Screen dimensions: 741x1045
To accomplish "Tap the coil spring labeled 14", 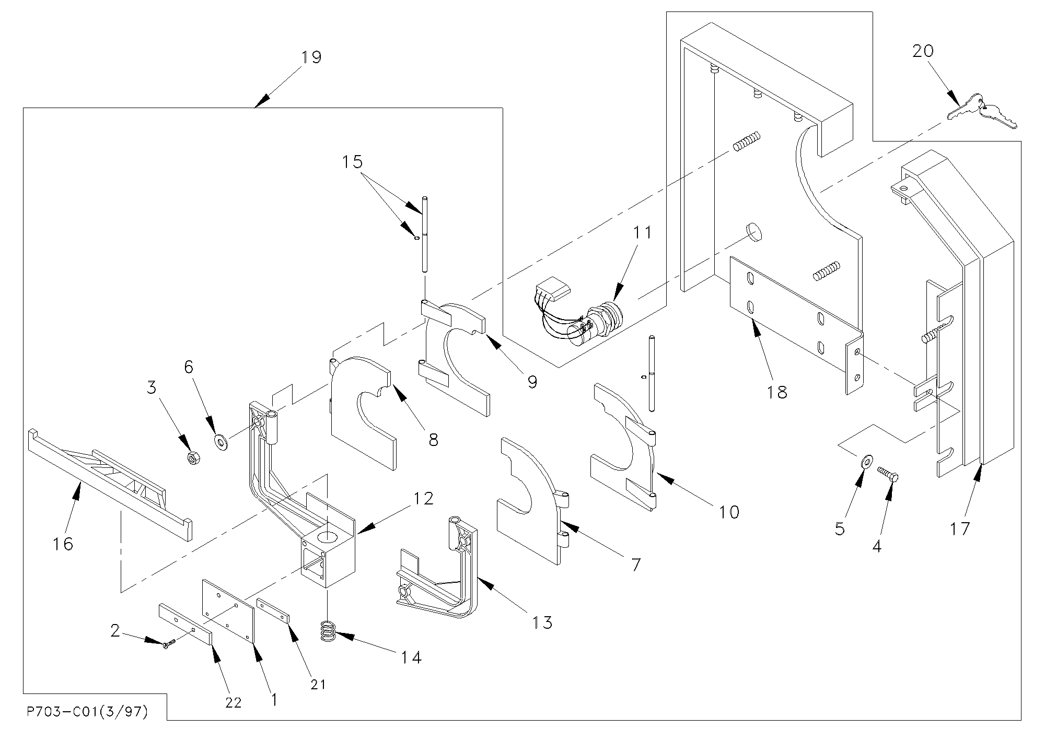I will click(328, 631).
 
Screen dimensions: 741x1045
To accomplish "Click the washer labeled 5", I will click(866, 461).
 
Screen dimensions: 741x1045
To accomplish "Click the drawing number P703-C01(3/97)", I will click(86, 712).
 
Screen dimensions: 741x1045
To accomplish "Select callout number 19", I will click(311, 56).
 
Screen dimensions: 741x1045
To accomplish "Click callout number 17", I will click(959, 528).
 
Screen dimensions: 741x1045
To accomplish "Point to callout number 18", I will click(777, 392).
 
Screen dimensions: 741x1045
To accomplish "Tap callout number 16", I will click(63, 544).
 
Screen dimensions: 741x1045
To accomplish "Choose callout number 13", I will click(543, 622).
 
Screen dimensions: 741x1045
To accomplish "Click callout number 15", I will click(353, 162).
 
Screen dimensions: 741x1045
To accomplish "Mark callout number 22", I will click(233, 702).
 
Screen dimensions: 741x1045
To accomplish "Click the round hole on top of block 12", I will click(328, 536).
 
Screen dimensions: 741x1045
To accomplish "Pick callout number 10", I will click(729, 512).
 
